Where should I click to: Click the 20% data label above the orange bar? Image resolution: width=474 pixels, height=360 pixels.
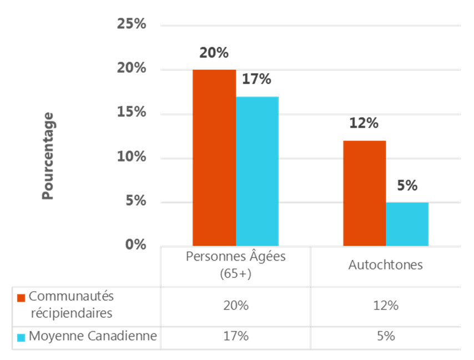214,53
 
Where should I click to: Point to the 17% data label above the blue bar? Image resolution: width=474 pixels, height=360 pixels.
256,79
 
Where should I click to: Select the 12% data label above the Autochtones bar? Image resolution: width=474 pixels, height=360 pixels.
364,123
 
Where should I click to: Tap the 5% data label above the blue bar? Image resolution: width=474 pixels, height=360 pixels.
407,186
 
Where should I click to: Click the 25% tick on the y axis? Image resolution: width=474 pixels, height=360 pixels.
131,24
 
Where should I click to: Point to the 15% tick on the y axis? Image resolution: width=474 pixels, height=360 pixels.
131,113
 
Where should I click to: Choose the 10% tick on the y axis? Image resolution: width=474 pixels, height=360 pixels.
131,157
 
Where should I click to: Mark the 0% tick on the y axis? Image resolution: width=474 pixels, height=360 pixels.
135,245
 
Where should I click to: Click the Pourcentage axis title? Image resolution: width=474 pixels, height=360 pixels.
48,156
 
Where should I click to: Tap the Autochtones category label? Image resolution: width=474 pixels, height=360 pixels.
385,265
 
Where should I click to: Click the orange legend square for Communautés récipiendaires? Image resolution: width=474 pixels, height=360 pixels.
22,297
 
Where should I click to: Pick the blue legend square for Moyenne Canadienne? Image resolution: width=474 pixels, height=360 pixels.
22,337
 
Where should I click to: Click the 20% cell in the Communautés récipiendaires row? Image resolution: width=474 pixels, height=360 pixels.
235,305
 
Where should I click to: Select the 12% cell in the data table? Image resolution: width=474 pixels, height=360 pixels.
385,305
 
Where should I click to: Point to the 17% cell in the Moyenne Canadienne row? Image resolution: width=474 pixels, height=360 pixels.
235,336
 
